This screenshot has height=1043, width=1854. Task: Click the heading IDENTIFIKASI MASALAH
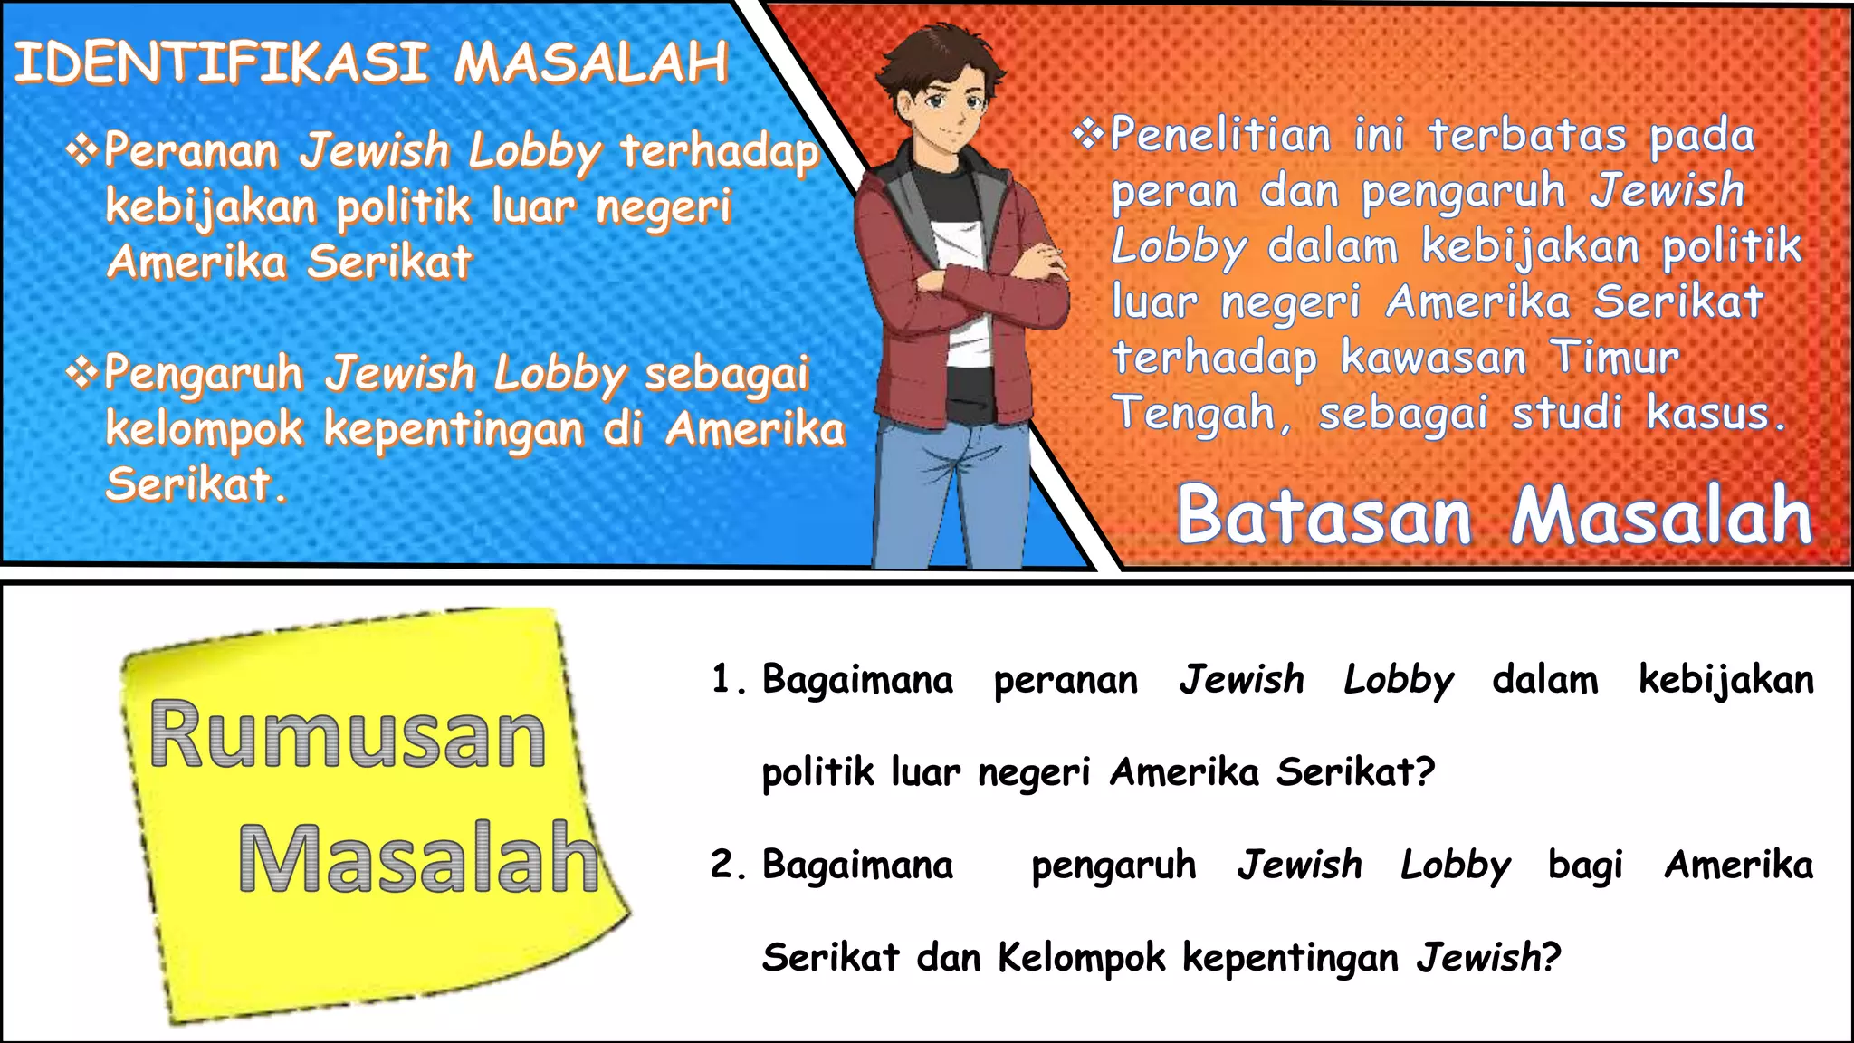pyautogui.click(x=371, y=63)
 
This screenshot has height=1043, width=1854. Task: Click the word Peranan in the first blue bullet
pyautogui.click(x=190, y=150)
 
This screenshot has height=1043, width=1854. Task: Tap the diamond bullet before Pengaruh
pyautogui.click(x=82, y=371)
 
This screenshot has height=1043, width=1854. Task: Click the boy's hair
pyautogui.click(x=941, y=50)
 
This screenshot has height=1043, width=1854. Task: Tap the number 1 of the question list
pyautogui.click(x=722, y=680)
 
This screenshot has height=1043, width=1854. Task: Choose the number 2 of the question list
pyautogui.click(x=722, y=865)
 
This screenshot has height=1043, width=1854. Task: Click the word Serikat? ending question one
pyautogui.click(x=1355, y=771)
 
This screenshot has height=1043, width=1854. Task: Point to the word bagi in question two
pyautogui.click(x=1585, y=865)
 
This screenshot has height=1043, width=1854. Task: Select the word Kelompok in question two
pyautogui.click(x=1081, y=957)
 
